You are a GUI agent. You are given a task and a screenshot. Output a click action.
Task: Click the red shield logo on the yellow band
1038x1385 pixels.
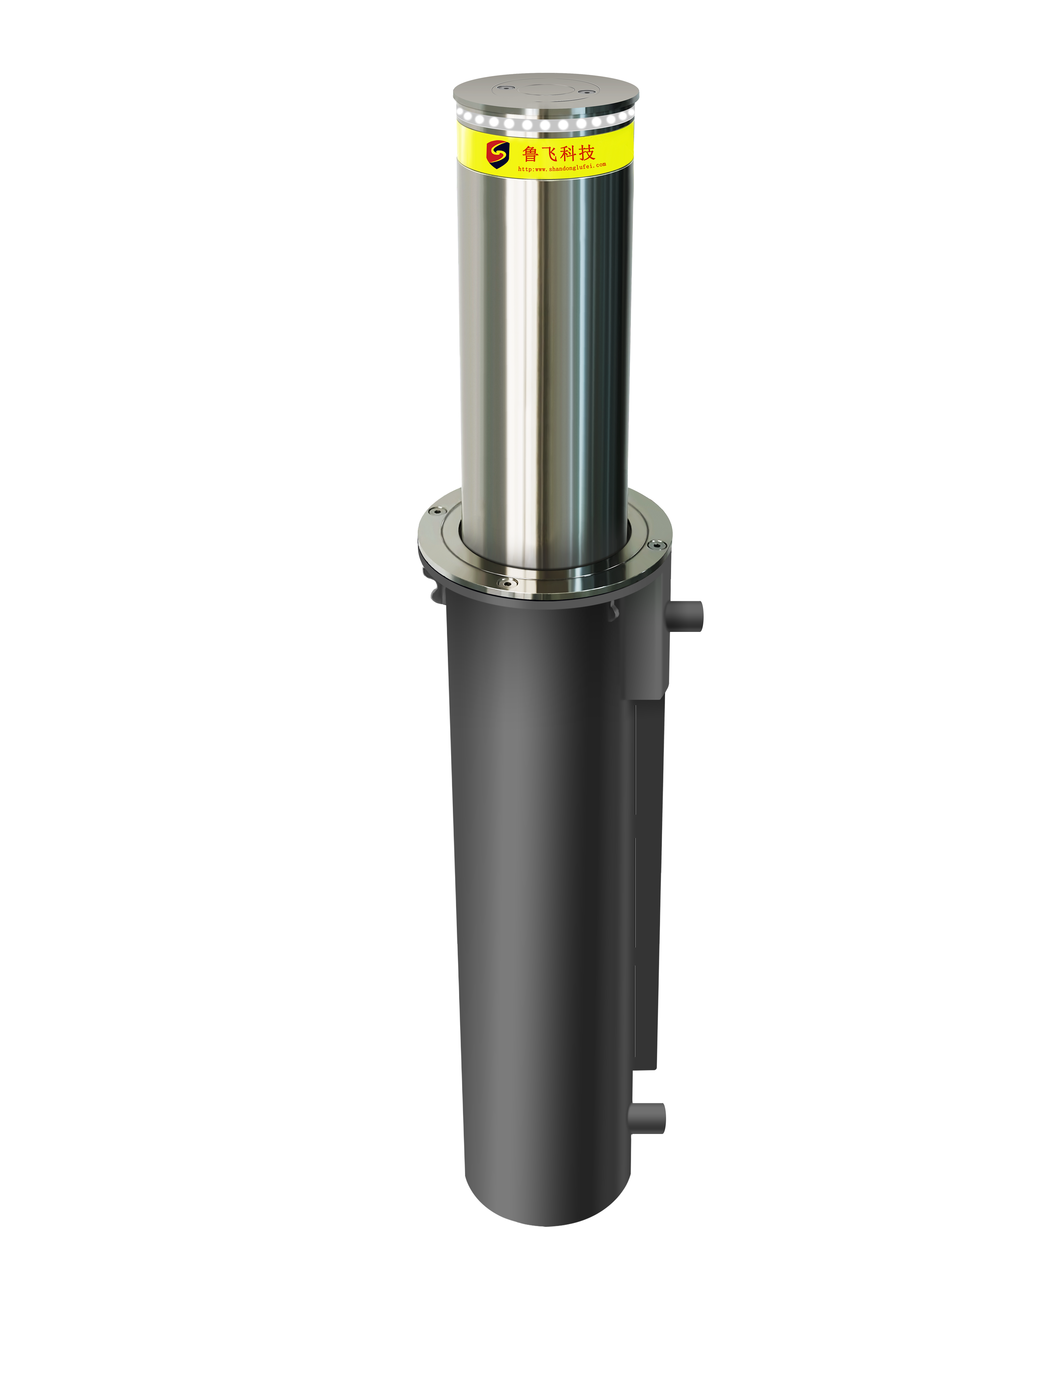[498, 153]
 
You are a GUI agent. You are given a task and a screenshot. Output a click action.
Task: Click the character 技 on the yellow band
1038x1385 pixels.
[586, 151]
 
